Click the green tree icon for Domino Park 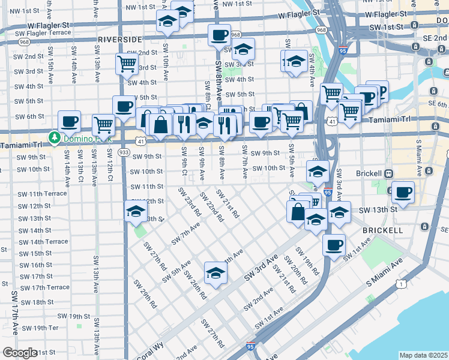point(55,137)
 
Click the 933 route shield point(124,152)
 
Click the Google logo point(20,353)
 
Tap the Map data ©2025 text point(423,355)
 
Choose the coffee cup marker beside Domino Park point(69,121)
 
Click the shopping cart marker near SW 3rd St point(127,63)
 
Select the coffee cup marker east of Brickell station point(403,193)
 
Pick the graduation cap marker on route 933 point(136,212)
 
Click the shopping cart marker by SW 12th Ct point(103,125)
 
